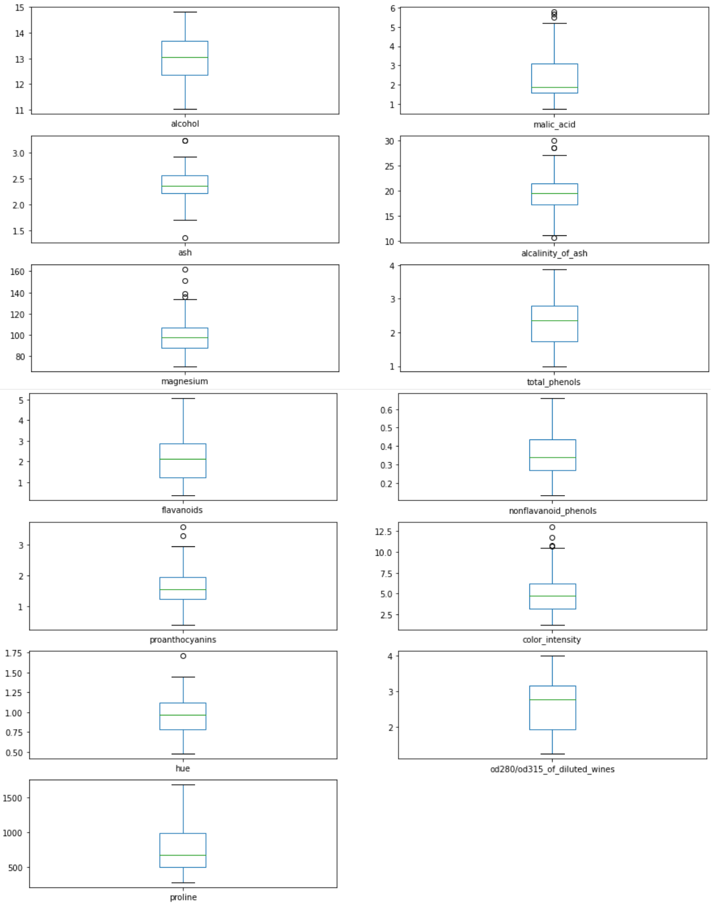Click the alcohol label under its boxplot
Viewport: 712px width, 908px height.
[x=185, y=124]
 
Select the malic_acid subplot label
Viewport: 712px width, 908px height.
[x=554, y=124]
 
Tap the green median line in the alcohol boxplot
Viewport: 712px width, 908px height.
[x=185, y=58]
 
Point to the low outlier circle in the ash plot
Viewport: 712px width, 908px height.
[x=185, y=239]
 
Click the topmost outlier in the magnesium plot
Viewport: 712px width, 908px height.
[x=185, y=270]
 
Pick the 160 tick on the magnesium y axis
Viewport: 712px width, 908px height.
[x=17, y=272]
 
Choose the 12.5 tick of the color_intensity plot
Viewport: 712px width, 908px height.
[x=383, y=531]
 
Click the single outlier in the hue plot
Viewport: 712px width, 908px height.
[x=183, y=656]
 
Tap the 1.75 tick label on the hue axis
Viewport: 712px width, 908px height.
[x=13, y=653]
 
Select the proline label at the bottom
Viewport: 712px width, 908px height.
[x=183, y=897]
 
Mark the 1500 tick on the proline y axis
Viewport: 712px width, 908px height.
[x=12, y=798]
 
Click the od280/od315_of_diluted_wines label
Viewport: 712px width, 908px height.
[x=552, y=769]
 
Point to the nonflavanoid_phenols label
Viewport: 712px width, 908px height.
[x=552, y=511]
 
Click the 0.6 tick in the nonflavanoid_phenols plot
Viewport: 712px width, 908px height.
[x=386, y=410]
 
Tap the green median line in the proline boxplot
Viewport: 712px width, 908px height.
[x=183, y=856]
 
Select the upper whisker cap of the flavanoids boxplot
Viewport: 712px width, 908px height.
[x=183, y=399]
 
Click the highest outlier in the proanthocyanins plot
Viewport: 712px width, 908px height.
[x=183, y=528]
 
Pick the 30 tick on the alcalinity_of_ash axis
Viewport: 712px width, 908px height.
[x=389, y=141]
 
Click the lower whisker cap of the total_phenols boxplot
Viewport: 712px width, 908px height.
[x=554, y=367]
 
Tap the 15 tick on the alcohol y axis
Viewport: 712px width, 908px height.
[x=19, y=8]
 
